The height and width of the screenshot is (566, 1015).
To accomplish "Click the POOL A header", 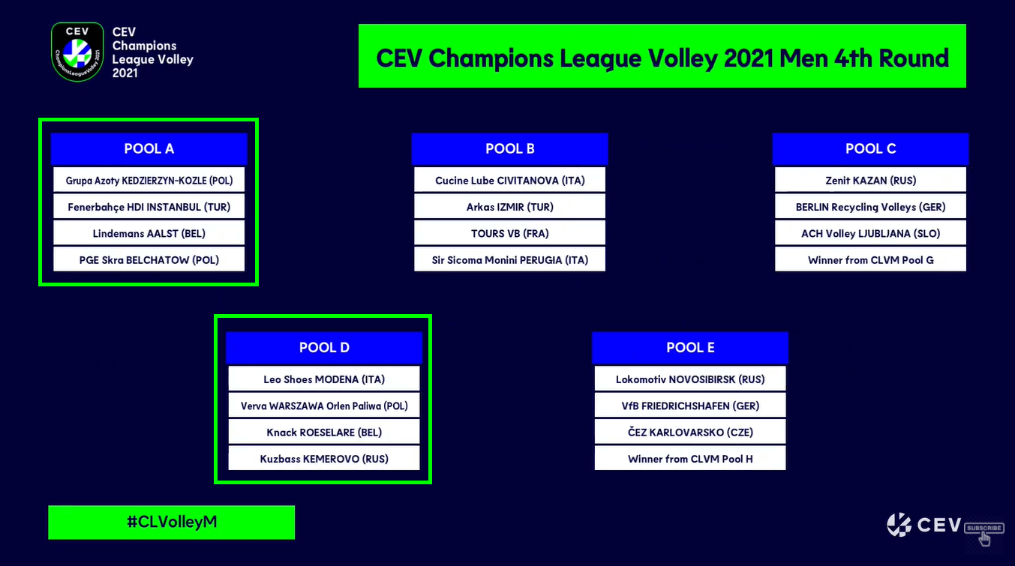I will click(x=149, y=148).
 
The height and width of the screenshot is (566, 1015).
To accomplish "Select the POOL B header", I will click(x=509, y=148).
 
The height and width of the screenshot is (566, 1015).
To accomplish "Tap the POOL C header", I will click(x=870, y=148).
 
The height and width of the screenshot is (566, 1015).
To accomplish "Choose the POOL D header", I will click(x=324, y=347).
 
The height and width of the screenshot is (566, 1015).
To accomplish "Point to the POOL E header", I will click(x=690, y=347).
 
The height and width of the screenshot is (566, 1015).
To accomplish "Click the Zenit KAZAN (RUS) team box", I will click(x=870, y=180).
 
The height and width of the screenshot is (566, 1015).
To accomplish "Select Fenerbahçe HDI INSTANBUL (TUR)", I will click(x=149, y=207).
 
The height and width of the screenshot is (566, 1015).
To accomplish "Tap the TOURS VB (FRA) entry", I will click(x=509, y=233).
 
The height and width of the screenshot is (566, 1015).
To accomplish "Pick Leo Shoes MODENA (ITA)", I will click(x=324, y=379).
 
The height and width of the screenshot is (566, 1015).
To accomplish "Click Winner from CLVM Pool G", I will click(x=870, y=260).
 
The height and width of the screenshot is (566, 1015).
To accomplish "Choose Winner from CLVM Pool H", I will click(x=690, y=459).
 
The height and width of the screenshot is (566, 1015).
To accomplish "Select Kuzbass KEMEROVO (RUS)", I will click(x=324, y=459).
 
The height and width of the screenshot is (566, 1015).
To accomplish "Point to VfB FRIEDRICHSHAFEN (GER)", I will click(x=690, y=406).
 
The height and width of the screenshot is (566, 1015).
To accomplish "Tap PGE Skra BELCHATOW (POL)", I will click(x=149, y=260).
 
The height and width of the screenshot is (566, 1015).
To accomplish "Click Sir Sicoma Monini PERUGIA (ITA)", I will click(x=509, y=260).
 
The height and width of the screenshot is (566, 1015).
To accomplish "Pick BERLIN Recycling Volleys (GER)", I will click(x=870, y=207).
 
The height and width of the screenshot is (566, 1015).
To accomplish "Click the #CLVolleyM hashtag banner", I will click(x=172, y=522).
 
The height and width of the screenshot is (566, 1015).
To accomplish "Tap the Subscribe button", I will click(x=983, y=528).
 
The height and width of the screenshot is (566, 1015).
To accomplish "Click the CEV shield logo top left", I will click(x=77, y=52).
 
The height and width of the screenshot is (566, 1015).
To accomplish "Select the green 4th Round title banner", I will click(x=662, y=56).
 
